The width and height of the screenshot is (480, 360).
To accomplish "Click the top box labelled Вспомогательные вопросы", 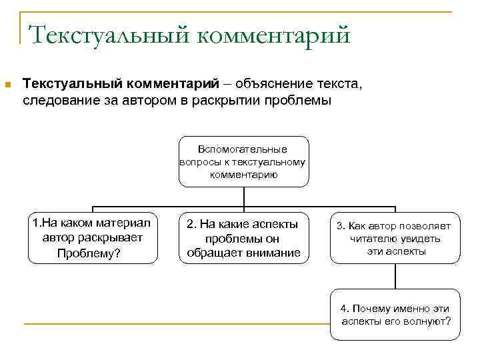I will pos(243,161).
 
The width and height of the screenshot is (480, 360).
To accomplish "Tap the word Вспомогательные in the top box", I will pos(243,149).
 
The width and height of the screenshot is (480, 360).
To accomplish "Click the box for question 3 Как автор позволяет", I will pos(395,239).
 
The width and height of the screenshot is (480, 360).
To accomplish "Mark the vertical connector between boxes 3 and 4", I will pos(395,276).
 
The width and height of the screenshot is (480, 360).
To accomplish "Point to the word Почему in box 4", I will pos(370,309).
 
